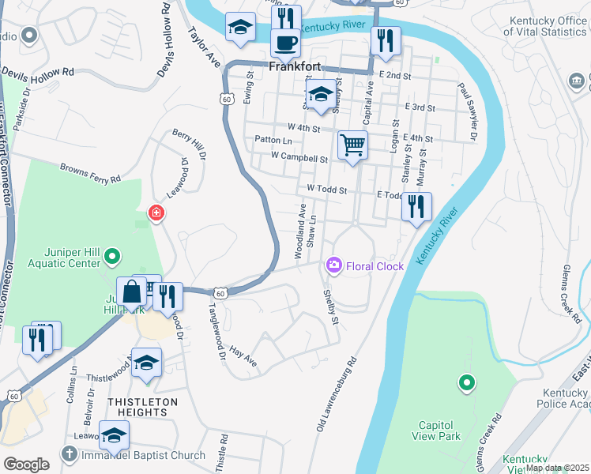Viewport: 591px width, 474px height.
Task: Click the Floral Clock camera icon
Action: click(x=333, y=265)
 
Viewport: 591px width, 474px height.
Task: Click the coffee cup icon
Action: click(x=285, y=43)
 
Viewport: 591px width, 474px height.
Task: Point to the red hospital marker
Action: click(x=156, y=213)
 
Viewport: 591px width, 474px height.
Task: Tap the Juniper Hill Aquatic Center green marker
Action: click(x=112, y=255)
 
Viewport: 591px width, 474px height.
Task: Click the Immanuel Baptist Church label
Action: click(x=144, y=455)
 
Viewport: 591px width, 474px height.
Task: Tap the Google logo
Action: click(x=26, y=464)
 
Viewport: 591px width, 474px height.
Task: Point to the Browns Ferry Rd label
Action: click(x=91, y=173)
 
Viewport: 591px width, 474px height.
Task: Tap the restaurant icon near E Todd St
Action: click(x=416, y=207)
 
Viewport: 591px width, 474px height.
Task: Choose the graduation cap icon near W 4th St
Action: click(x=319, y=96)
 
